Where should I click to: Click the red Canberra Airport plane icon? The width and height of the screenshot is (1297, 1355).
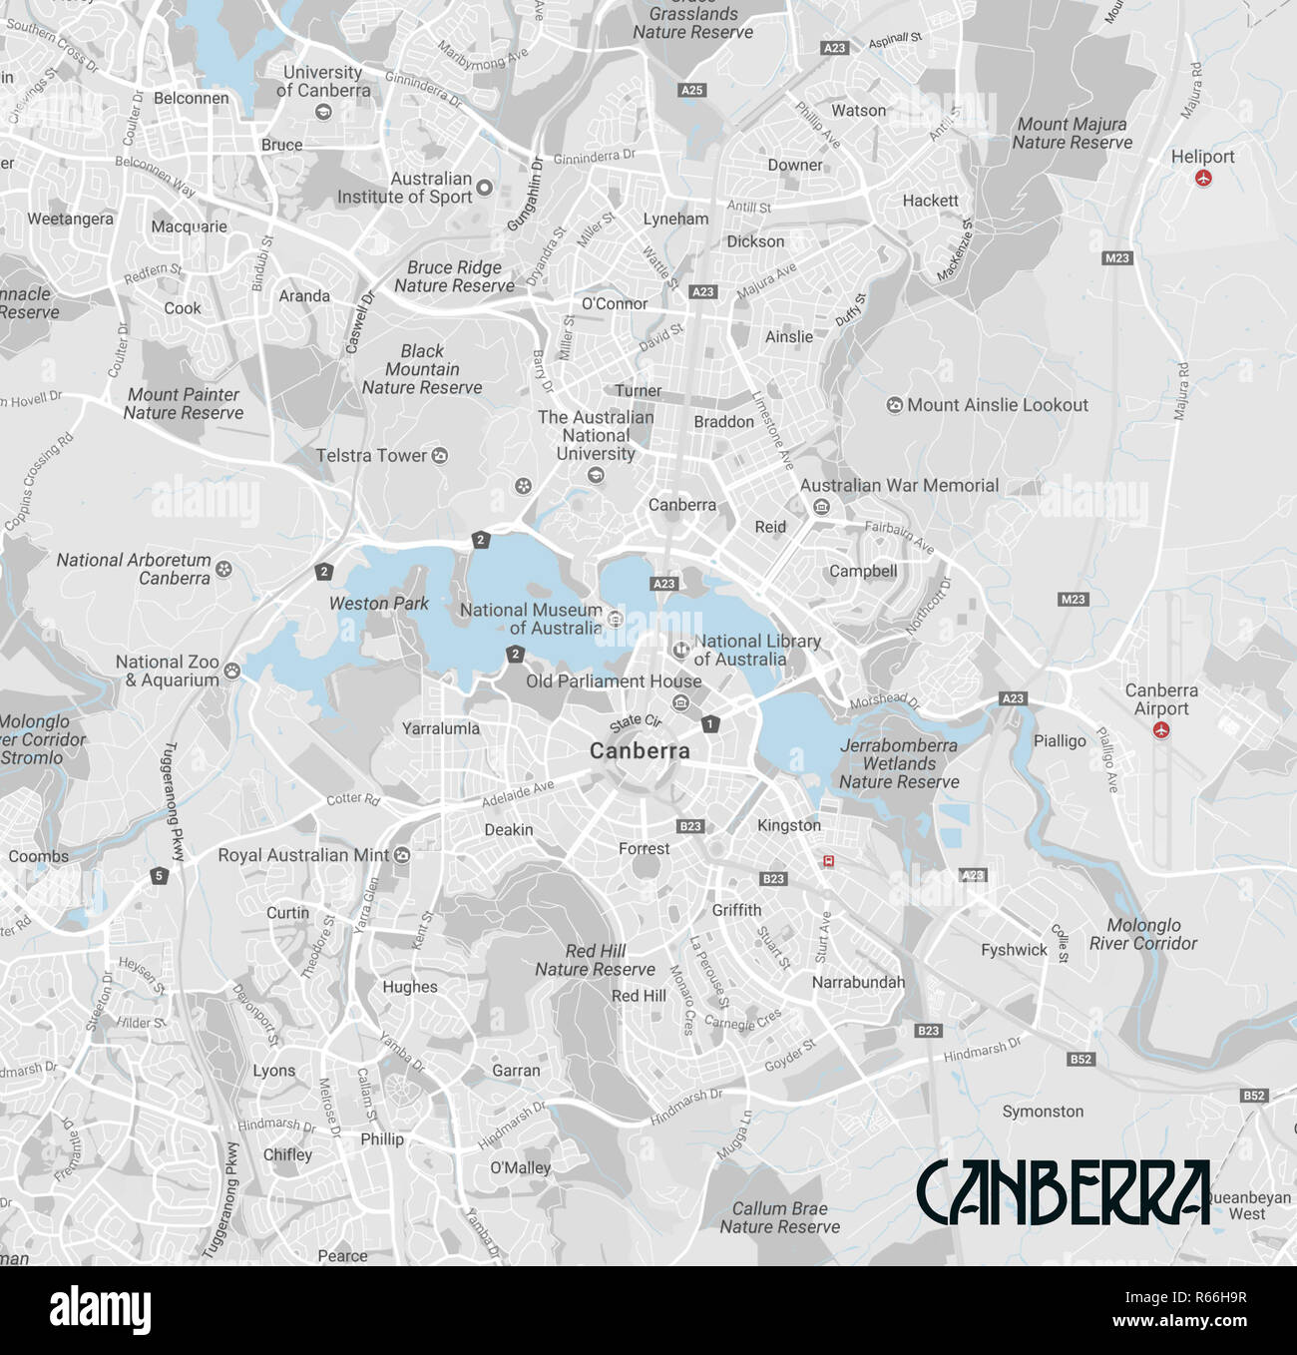[x=1160, y=730]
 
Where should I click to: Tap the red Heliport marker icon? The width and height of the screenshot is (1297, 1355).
[x=1203, y=179]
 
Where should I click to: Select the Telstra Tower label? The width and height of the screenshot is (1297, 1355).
[x=371, y=456]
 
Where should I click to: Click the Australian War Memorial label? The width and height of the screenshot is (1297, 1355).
[x=899, y=486]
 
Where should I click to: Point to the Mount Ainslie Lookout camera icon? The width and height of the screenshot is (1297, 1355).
[x=895, y=405]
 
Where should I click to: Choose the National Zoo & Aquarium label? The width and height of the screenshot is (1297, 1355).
[x=168, y=671]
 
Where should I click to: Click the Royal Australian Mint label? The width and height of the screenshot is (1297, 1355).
[x=303, y=855]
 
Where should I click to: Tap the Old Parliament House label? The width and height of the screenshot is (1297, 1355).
[x=614, y=681]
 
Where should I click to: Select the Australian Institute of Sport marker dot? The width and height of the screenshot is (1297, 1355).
[x=485, y=188]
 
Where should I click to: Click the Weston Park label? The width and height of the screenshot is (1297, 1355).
[x=378, y=604]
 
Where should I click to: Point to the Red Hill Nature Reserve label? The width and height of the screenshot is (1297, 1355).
[x=595, y=960]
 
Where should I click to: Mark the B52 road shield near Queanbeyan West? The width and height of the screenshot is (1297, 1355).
[x=1253, y=1096]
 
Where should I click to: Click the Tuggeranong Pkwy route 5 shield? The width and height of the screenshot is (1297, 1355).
[x=159, y=876]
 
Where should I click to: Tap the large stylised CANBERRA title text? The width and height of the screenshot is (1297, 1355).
[x=1063, y=1192]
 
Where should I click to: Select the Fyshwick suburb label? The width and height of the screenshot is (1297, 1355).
[x=1014, y=950]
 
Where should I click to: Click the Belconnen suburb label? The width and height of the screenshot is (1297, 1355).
[x=191, y=98]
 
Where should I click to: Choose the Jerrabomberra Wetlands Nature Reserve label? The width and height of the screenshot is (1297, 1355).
[x=898, y=763]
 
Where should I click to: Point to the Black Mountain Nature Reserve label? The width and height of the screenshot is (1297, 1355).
[x=422, y=369]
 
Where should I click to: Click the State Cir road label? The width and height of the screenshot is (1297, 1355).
[x=636, y=722]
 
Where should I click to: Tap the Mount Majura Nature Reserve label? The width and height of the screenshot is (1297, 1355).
[x=1072, y=133]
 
